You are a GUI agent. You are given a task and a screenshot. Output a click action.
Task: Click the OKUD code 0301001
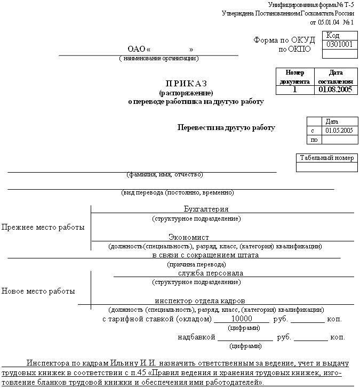tap(340, 45)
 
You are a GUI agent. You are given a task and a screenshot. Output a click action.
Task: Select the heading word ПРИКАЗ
tap(186, 83)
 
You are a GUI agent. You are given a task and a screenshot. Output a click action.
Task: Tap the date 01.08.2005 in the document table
tap(335, 90)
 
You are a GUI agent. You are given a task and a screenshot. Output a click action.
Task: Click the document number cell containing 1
tap(294, 90)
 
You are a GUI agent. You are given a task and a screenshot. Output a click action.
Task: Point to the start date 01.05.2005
tap(339, 130)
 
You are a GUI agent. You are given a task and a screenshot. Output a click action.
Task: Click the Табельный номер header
tap(326, 158)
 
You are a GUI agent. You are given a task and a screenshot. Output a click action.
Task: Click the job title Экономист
tap(189, 237)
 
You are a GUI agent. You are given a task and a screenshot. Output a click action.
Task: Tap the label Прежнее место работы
tap(43, 227)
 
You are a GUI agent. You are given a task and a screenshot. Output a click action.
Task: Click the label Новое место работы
tap(38, 291)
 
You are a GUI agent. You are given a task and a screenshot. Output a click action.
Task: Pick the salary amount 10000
tap(241, 319)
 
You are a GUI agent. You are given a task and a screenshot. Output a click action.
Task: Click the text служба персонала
tap(203, 273)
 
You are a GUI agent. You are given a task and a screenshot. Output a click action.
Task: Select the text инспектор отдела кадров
tap(200, 301)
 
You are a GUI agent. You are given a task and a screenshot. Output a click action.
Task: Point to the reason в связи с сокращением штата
tap(205, 255)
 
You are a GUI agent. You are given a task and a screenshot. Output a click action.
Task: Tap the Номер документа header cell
tap(294, 77)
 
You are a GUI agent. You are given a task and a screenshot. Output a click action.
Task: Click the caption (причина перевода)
tap(197, 264)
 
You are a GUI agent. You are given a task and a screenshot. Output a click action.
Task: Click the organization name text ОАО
tap(137, 50)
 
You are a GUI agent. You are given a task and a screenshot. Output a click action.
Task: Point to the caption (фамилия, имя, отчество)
tap(165, 174)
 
